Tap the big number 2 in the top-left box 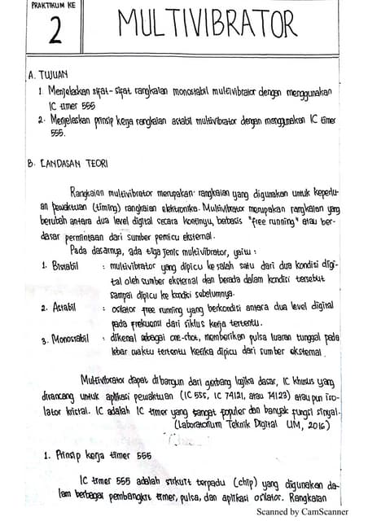54,31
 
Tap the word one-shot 178,336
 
